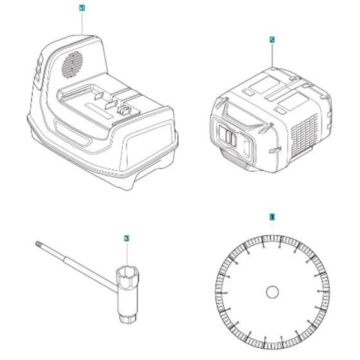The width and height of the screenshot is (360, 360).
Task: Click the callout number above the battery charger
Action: click(81, 8)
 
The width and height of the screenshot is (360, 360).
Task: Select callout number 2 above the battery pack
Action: click(272, 40)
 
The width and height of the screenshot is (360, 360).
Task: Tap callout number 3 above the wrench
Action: click(126, 239)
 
